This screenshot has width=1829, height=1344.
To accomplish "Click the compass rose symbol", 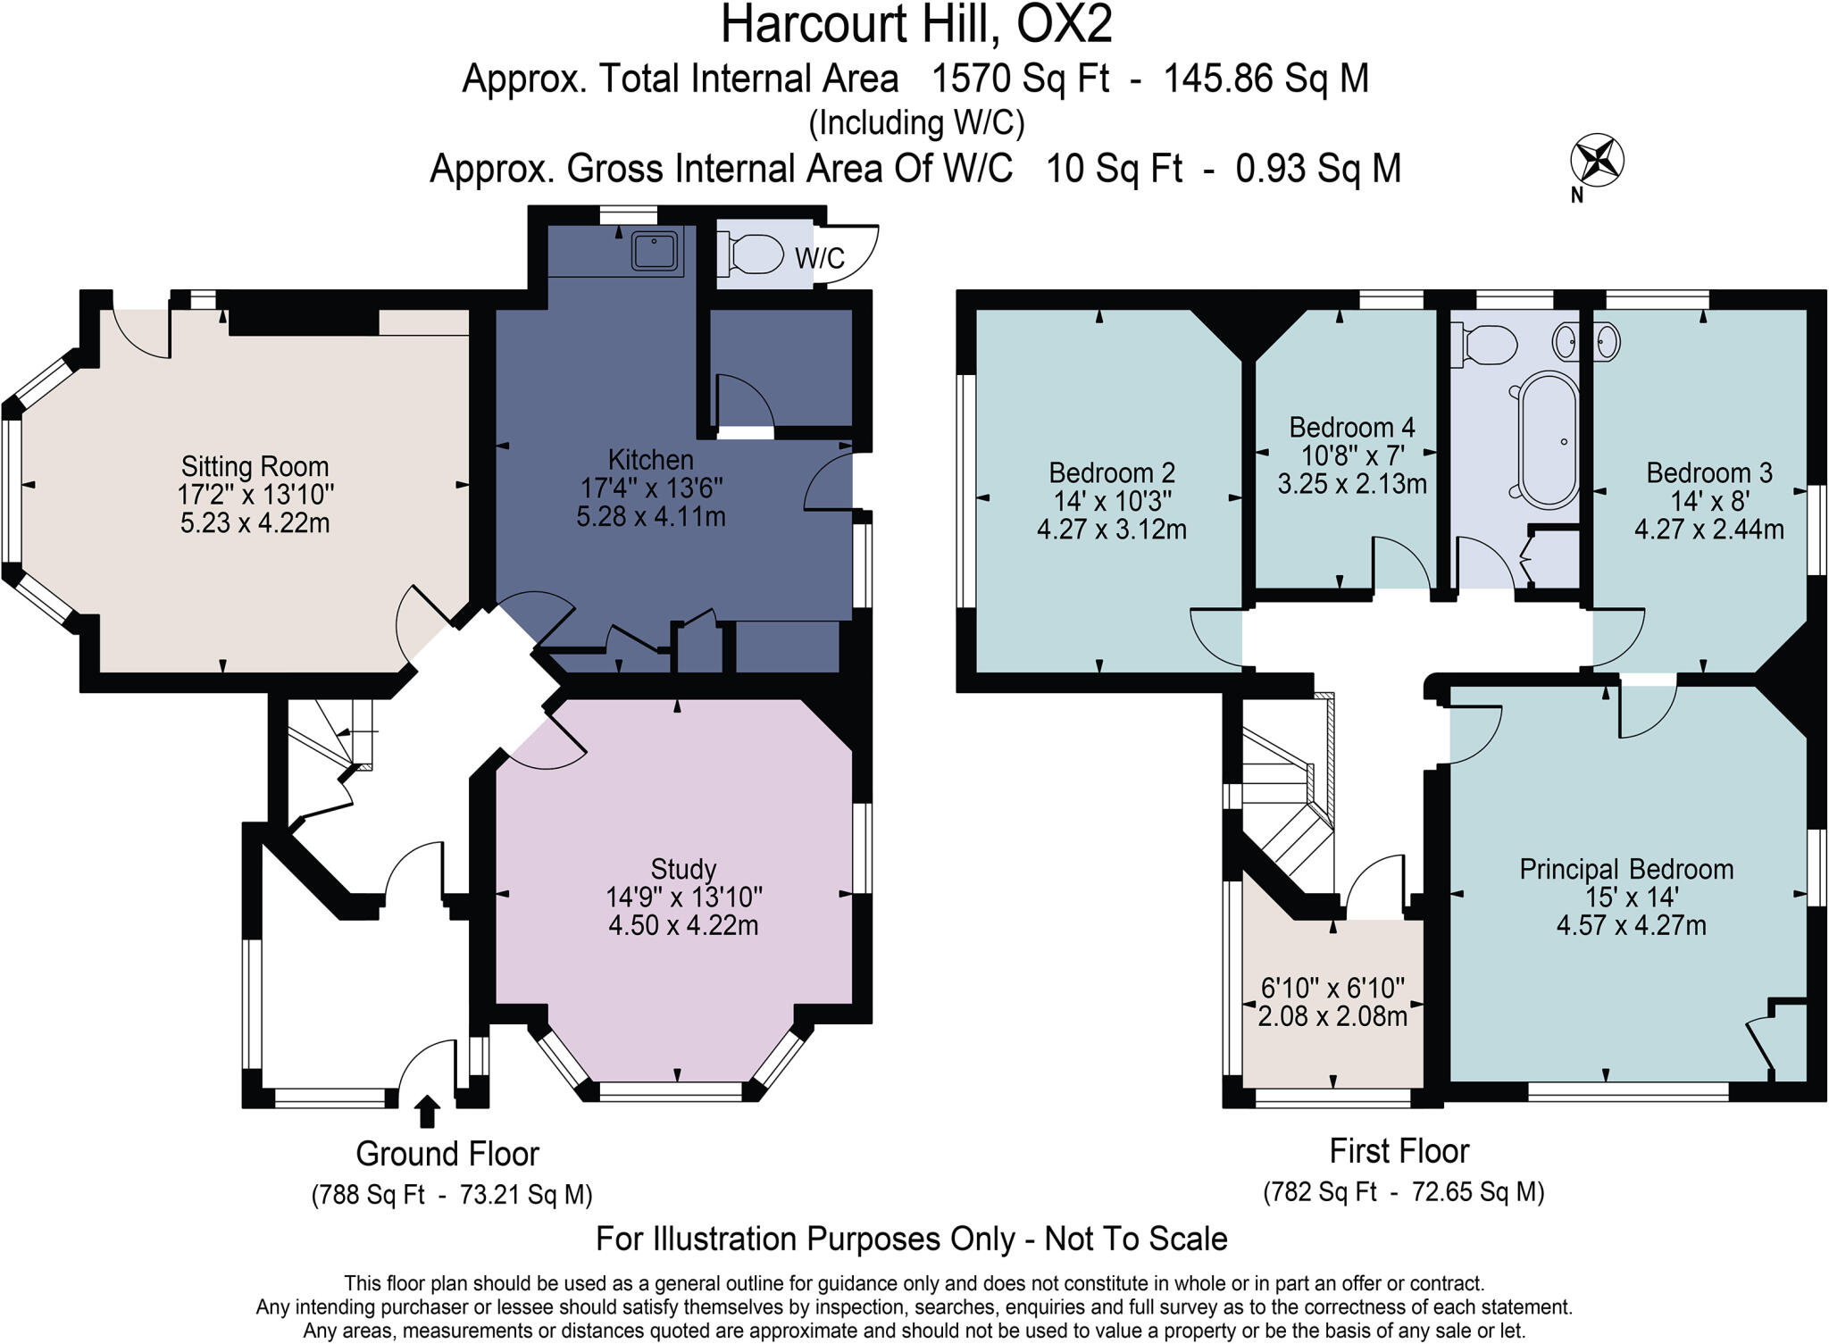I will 1597,162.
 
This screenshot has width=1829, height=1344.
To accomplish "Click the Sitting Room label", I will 255,466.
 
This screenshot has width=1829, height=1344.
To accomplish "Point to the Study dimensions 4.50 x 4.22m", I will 683,925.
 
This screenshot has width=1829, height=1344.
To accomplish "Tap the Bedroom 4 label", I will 1351,427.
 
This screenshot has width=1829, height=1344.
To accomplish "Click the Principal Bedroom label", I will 1626,869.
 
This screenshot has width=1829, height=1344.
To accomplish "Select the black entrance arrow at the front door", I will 428,1112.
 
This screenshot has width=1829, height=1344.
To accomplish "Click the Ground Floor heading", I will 447,1154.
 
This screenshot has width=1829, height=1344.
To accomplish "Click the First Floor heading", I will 1399,1151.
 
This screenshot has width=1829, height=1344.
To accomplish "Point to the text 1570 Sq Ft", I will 1019,79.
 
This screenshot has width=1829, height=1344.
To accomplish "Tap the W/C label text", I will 819,259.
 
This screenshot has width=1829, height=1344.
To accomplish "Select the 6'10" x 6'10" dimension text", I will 1332,988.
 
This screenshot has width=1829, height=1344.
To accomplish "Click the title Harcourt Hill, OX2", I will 916,24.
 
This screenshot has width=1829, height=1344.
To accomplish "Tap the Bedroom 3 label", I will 1708,472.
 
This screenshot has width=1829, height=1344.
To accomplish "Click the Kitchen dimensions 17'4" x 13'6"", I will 651,488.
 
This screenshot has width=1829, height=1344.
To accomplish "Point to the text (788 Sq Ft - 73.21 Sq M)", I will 452,1195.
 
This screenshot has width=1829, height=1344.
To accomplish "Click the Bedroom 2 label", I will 1111,472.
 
